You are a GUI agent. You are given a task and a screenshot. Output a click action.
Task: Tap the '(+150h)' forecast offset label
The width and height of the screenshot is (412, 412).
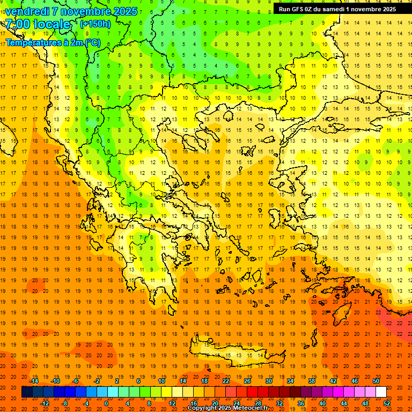95,24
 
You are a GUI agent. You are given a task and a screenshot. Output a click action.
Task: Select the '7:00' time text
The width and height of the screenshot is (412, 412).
17,25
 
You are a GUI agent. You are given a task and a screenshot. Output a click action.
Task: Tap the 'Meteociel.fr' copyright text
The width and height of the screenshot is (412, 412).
251,408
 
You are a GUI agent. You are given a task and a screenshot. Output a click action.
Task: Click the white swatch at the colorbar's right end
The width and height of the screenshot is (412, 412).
381,392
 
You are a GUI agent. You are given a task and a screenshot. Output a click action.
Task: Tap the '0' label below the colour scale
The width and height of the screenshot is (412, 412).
106,403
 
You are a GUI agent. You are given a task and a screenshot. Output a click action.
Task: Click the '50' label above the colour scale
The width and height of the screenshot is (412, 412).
376,381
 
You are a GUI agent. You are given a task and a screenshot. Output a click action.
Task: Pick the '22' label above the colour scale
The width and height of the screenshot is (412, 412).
226,381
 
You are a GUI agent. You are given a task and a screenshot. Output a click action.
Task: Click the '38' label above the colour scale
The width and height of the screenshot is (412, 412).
312,381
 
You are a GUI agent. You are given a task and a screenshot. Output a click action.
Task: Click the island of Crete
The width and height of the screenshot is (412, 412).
236,355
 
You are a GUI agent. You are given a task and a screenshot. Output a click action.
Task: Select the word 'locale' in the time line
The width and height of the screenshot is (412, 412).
53,25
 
